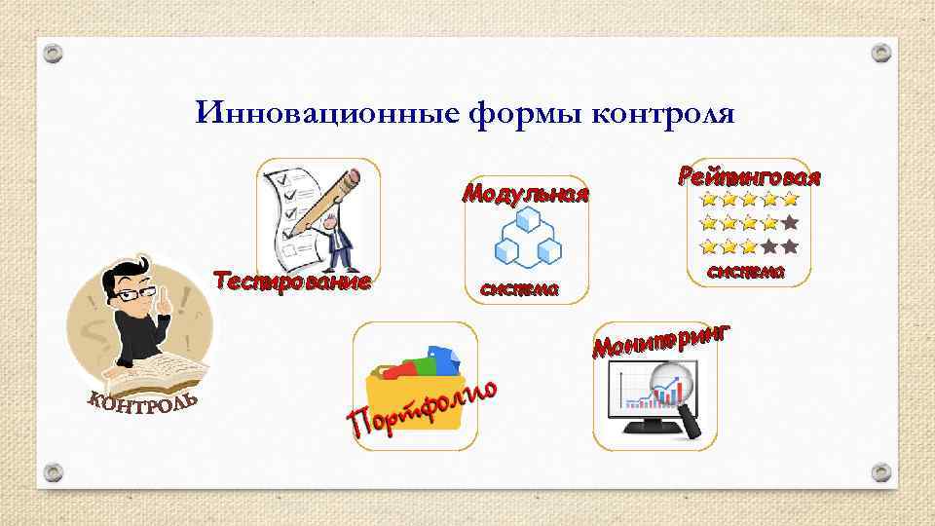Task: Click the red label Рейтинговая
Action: coord(748,176)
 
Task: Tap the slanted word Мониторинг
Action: coord(662,336)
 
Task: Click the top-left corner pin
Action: coord(54,51)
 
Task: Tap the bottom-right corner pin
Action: coord(880,472)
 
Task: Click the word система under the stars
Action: coord(746,271)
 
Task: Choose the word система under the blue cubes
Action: coord(519,288)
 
